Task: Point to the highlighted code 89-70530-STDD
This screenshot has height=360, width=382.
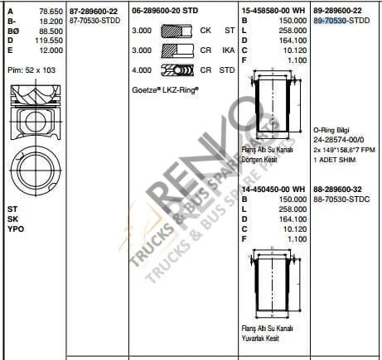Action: pyautogui.click(x=342, y=17)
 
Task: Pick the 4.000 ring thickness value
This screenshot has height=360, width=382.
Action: pyautogui.click(x=142, y=70)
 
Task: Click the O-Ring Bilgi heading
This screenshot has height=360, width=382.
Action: pyautogui.click(x=333, y=130)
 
